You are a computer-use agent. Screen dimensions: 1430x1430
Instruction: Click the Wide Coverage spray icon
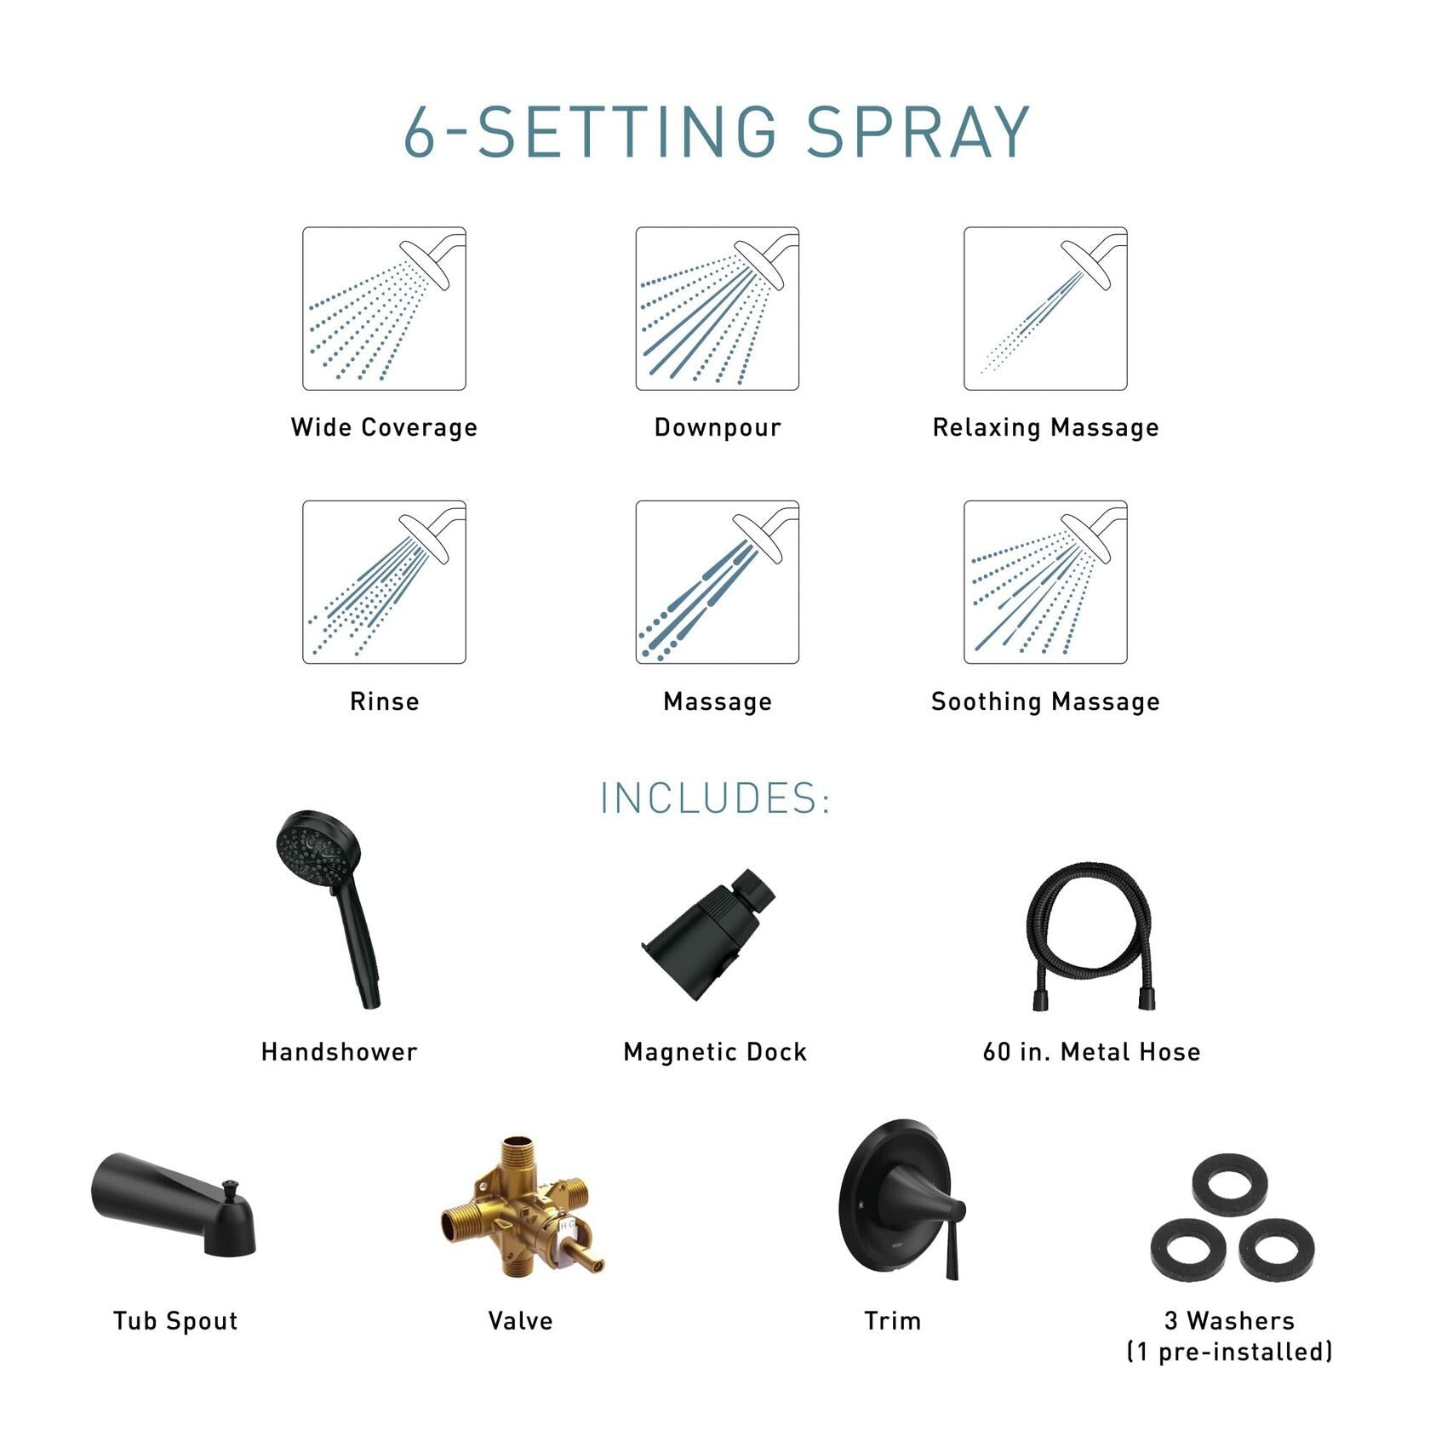(384, 308)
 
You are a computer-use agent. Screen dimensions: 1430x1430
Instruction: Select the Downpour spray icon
(717, 308)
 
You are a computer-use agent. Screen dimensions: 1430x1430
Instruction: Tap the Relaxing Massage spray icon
(1045, 308)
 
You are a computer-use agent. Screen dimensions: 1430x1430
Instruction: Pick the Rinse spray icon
(384, 582)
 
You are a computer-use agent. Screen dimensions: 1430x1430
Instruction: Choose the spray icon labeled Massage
(717, 582)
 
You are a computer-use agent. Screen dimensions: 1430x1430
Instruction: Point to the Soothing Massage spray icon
(1045, 582)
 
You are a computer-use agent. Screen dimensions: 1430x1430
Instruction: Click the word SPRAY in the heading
(918, 133)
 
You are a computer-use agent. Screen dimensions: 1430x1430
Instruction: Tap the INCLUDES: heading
(715, 798)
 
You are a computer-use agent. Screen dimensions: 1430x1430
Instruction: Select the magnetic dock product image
(708, 933)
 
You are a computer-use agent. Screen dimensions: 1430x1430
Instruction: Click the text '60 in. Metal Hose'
(1091, 1052)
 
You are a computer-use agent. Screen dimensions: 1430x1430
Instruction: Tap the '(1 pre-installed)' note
(1229, 1352)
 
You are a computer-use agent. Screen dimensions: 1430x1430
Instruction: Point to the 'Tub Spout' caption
(175, 1321)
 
